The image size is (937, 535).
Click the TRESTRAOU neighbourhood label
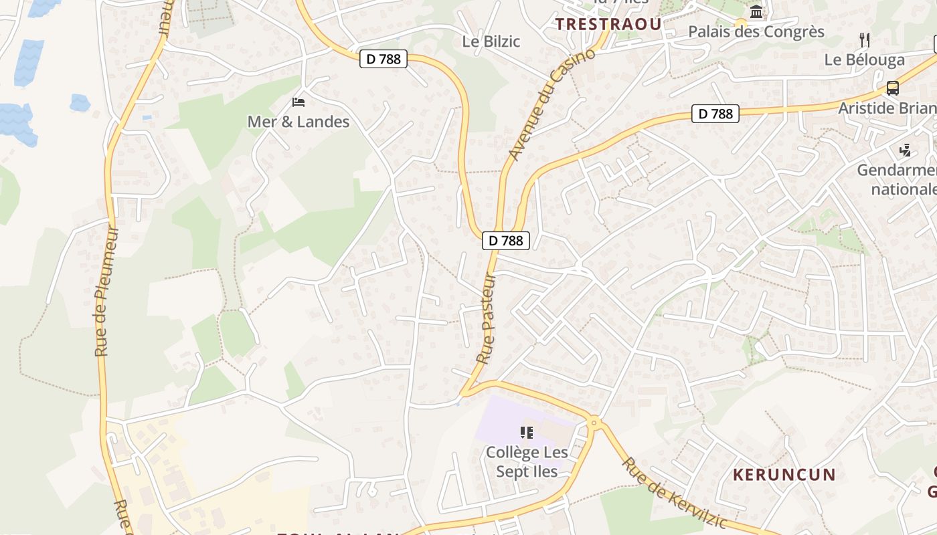pyautogui.click(x=608, y=24)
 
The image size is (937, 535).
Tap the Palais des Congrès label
pyautogui.click(x=756, y=31)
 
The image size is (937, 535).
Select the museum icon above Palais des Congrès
pyautogui.click(x=757, y=11)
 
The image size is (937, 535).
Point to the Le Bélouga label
pyautogui.click(x=864, y=60)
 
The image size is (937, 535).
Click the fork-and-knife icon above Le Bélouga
pyautogui.click(x=865, y=39)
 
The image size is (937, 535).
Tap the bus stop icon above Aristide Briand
pyautogui.click(x=892, y=88)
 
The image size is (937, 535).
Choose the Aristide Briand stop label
pyautogui.click(x=887, y=108)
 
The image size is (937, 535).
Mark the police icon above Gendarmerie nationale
pyautogui.click(x=906, y=150)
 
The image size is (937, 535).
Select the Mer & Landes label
pyautogui.click(x=299, y=122)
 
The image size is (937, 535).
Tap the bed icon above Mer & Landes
pyautogui.click(x=299, y=102)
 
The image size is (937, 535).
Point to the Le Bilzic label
pyautogui.click(x=491, y=41)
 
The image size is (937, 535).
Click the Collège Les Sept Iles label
pyautogui.click(x=527, y=461)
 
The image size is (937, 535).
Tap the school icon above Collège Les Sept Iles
pyautogui.click(x=527, y=433)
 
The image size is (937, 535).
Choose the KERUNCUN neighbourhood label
pyautogui.click(x=784, y=475)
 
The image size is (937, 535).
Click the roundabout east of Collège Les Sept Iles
pyautogui.click(x=594, y=422)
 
